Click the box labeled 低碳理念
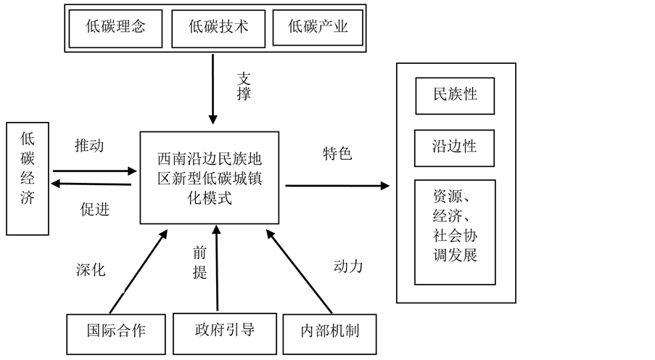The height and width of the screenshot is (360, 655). (115, 28)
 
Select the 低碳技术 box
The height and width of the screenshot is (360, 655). (218, 28)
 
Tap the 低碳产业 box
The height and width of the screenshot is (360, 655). (318, 27)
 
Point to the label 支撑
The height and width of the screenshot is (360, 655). (244, 86)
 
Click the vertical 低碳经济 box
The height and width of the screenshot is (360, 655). (28, 179)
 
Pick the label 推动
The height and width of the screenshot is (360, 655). (89, 145)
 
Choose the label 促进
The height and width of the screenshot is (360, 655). (95, 209)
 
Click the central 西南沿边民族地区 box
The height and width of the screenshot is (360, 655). (210, 178)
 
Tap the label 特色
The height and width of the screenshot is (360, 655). (337, 153)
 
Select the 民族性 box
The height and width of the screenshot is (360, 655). (455, 96)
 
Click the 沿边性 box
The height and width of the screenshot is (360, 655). (455, 148)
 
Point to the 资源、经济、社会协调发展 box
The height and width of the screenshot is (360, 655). (455, 232)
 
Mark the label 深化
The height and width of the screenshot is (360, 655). (91, 270)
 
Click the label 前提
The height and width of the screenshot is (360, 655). (199, 262)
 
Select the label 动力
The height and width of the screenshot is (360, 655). (348, 266)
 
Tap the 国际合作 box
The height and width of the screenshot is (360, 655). (116, 334)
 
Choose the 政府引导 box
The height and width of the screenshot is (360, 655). (225, 334)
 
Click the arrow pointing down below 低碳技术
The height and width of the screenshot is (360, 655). (213, 89)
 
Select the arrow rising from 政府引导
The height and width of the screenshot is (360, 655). (217, 269)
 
